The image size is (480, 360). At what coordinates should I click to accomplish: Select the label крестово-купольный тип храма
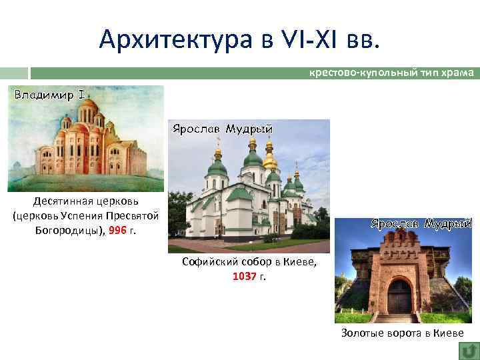coord(391,72)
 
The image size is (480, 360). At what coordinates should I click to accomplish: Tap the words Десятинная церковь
coord(85,201)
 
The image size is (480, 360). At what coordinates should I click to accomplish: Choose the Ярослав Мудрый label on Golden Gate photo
coord(420,224)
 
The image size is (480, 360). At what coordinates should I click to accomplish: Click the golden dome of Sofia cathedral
coord(270,161)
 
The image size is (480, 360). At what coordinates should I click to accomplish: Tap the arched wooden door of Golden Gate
coord(399,297)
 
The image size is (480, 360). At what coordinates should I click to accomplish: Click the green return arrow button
coord(469,349)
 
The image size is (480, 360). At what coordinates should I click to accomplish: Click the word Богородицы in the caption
coord(57,229)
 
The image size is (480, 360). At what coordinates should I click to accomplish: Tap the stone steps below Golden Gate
coord(399,318)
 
